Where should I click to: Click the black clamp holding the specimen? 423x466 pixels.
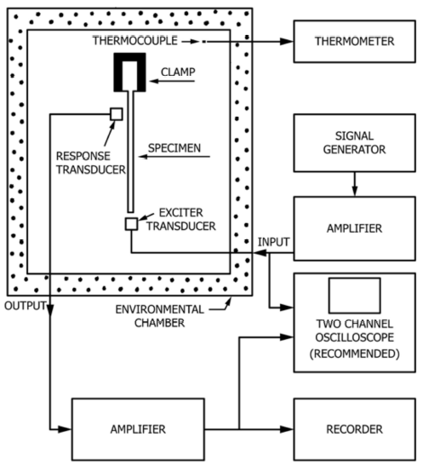pos(129,57)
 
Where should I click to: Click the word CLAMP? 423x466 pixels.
pos(178,72)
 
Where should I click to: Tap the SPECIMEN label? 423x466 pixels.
pos(174,148)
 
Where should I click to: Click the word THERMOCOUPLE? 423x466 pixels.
pos(135,41)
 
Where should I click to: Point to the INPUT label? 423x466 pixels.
pos(273,242)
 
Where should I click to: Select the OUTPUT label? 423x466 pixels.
pos(26,306)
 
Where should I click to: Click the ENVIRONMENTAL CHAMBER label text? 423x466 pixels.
pos(160,316)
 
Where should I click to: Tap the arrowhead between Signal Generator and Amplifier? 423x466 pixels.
pos(355,191)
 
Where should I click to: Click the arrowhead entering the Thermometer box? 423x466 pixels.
pos(287,42)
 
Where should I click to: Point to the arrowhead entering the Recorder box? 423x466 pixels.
pos(287,429)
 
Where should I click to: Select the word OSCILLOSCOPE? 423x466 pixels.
pos(354,337)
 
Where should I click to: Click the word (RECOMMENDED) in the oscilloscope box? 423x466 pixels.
pos(354,354)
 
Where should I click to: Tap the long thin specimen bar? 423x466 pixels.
pos(130,152)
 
